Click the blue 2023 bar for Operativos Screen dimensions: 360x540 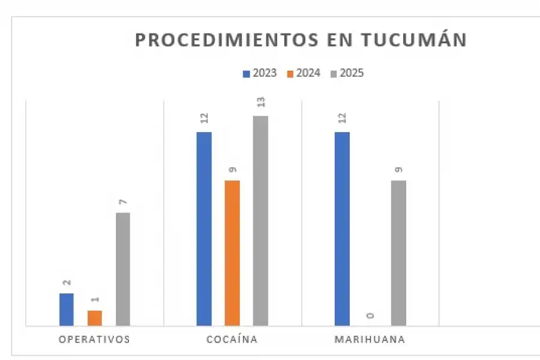click(67, 310)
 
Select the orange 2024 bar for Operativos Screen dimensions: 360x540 click(95, 318)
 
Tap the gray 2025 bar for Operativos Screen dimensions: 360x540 click(123, 269)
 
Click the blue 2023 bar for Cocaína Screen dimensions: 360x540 click(204, 229)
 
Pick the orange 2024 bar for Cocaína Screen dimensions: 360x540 click(232, 253)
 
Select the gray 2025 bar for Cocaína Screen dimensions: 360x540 click(260, 221)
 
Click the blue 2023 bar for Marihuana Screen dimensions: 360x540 click(342, 229)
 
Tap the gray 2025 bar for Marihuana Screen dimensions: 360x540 click(398, 253)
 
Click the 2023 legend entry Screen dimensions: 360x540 click(259, 73)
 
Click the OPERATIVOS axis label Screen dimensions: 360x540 click(94, 339)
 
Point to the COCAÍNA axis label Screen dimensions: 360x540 click(232, 339)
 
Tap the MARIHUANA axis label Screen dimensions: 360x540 click(370, 339)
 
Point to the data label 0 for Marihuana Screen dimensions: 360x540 click(370, 315)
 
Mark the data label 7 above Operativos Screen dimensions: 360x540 click(123, 202)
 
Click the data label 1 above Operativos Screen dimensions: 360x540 click(95, 299)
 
